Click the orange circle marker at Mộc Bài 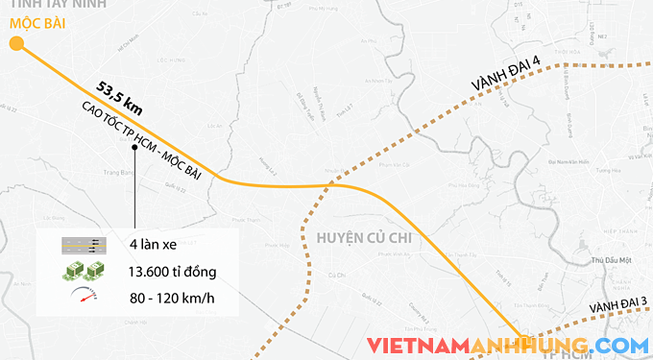tap(16, 43)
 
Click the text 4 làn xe tap(155, 245)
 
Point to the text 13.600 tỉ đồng tap(172, 271)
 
